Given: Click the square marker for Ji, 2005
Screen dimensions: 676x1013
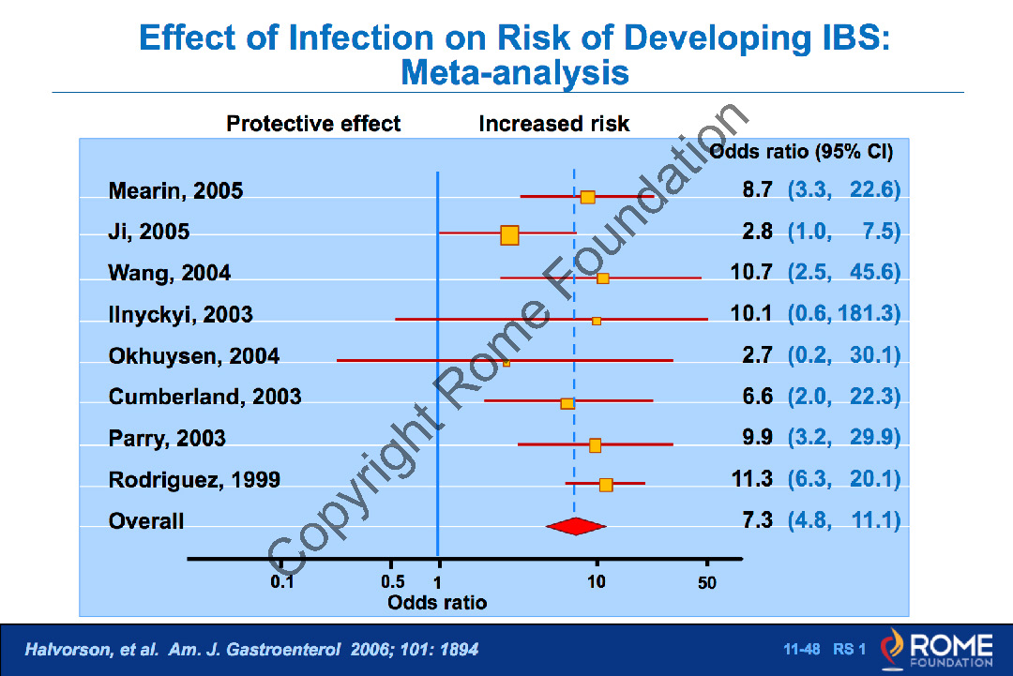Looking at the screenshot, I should point(509,235).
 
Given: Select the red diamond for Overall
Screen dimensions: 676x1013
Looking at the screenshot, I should point(576,527).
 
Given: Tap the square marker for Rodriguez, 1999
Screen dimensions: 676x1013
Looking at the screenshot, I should point(606,485).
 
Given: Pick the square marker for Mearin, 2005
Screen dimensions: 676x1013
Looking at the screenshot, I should point(587,197).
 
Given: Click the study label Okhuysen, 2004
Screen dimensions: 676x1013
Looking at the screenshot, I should point(194,356).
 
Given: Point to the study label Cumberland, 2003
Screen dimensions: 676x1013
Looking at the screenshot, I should point(205,397).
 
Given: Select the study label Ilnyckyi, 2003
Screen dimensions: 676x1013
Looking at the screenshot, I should point(181,315).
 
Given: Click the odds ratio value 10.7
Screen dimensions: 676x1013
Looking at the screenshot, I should point(751,273).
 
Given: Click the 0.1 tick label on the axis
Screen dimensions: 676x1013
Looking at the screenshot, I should point(282,582).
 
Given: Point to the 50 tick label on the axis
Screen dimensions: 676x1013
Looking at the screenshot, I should point(707,583).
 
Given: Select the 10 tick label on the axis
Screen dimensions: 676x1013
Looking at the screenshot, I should point(597,582).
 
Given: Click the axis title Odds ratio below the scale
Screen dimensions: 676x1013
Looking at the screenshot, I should point(437,603).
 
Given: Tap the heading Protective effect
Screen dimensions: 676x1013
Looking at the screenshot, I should point(313,124).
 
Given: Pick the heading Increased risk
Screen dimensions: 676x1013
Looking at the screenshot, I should point(554,124).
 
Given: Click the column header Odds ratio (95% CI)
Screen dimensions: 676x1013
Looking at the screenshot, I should point(802,152).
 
